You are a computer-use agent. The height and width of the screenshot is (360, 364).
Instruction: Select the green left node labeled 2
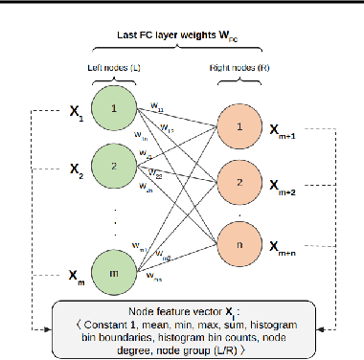[x=114, y=166]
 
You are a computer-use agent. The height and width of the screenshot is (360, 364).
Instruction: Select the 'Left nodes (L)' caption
[x=114, y=66]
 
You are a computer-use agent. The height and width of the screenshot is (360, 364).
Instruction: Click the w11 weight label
[x=158, y=108]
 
